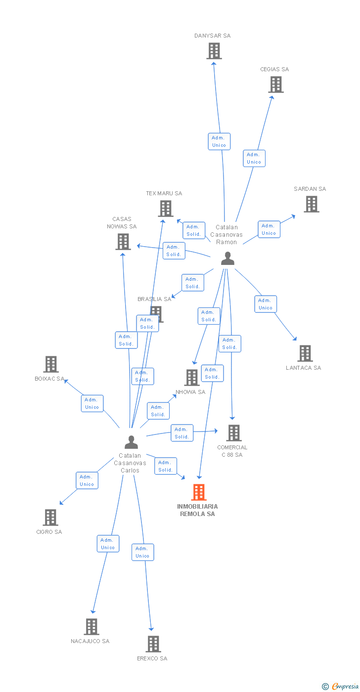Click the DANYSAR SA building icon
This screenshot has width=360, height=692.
tap(214, 51)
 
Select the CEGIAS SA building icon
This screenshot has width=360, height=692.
tap(276, 85)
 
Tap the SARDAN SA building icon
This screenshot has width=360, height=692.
tap(311, 204)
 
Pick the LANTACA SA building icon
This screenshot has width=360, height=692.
tap(306, 353)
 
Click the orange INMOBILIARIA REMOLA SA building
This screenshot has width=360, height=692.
tap(199, 492)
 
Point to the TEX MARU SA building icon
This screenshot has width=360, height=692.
tap(166, 209)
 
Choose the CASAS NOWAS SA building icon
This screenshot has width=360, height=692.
tap(123, 242)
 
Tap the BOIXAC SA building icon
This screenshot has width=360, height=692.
tap(51, 364)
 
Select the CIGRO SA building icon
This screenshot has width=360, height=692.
tap(50, 518)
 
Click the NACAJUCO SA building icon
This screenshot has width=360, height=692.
tap(91, 627)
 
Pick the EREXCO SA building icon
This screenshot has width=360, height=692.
tap(153, 644)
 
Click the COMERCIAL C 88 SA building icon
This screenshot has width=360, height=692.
tap(233, 433)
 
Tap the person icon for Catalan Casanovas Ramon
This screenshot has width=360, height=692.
tap(227, 259)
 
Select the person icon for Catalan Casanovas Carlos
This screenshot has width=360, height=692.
tap(131, 442)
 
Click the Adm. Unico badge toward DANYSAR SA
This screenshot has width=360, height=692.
tap(219, 141)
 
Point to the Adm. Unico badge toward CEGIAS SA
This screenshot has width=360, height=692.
tap(254, 158)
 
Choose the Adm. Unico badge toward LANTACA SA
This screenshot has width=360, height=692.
tap(266, 304)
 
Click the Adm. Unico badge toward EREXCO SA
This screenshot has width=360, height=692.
tap(142, 552)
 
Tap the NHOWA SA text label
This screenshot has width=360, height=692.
tap(190, 392)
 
